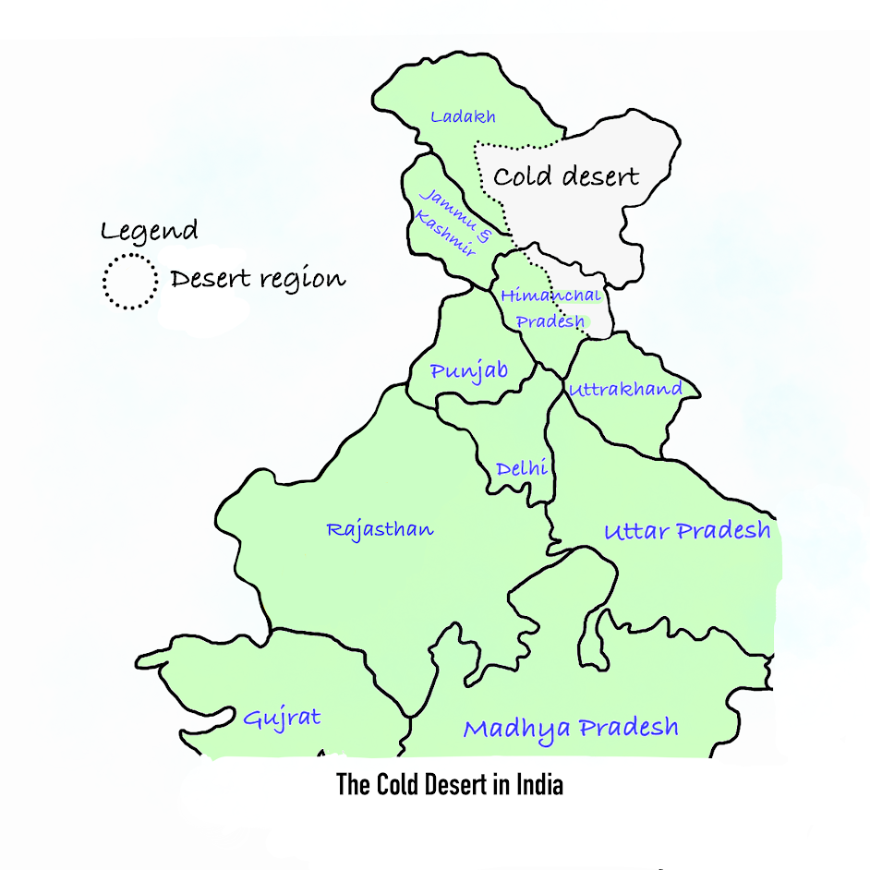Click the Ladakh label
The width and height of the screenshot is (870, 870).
(x=464, y=117)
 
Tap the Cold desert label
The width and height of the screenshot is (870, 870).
(x=566, y=176)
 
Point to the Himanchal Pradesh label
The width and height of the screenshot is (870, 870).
(x=550, y=308)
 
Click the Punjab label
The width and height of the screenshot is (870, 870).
(x=469, y=370)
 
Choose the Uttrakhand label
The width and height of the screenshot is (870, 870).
(x=625, y=389)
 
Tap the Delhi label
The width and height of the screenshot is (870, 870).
(x=522, y=468)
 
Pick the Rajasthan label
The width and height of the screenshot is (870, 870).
(x=380, y=530)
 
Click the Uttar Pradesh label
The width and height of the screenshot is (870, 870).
(x=687, y=531)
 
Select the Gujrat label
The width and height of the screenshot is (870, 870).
(x=282, y=718)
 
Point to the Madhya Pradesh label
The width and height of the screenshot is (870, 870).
(x=571, y=728)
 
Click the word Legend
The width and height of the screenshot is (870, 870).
(x=150, y=231)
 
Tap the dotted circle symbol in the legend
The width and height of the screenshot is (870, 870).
(x=130, y=281)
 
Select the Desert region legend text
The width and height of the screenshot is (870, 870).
(x=258, y=279)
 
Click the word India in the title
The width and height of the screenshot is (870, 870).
(x=538, y=785)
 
